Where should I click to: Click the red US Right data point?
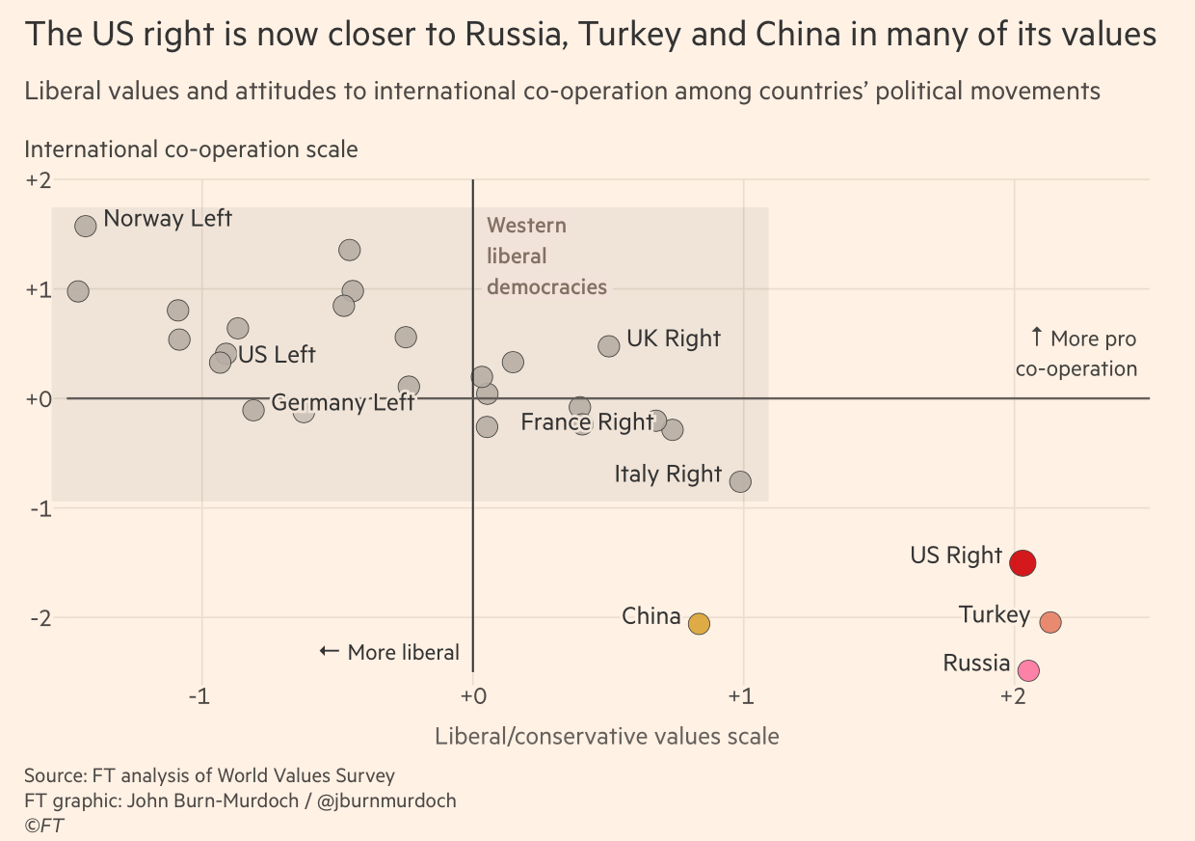(1022, 562)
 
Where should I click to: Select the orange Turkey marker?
(1050, 622)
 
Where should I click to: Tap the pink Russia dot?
(1028, 670)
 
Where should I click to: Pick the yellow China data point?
(699, 623)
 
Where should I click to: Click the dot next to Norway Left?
(85, 226)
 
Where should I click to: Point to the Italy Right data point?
(740, 481)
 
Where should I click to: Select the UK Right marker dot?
(609, 346)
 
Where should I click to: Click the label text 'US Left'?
(277, 355)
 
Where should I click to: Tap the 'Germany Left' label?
(342, 402)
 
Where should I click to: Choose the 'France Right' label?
(587, 421)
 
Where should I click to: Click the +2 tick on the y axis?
(38, 180)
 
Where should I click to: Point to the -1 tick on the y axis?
(38, 507)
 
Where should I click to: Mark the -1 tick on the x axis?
(199, 696)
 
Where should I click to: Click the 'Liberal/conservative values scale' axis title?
(606, 736)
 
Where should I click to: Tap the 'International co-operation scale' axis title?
(191, 149)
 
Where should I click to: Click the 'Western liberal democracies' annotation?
(546, 257)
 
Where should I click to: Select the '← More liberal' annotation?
(389, 652)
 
